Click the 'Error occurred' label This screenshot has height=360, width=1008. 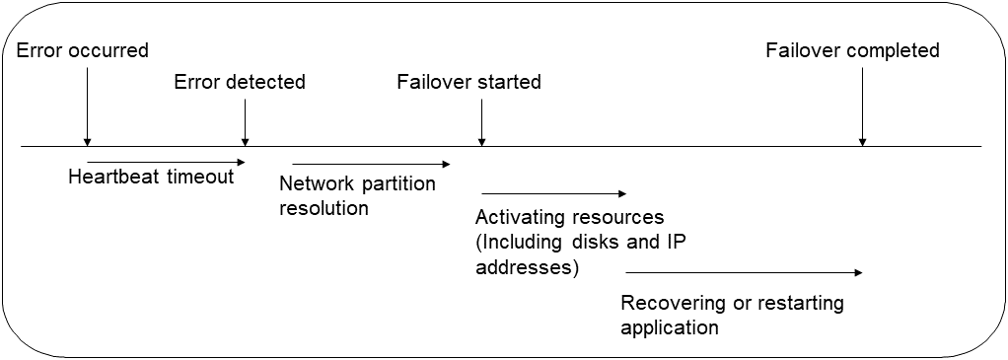tap(83, 50)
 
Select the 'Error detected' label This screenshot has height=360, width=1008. tap(240, 82)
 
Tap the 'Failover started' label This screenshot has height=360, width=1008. tap(468, 82)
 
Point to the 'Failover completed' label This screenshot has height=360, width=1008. tap(852, 50)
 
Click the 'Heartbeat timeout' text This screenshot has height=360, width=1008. tap(151, 177)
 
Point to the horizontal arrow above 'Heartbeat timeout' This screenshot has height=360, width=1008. tap(165, 161)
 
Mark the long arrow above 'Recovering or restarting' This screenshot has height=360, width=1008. tap(744, 272)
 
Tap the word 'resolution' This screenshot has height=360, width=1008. tap(324, 208)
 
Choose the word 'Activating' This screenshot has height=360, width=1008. tap(519, 217)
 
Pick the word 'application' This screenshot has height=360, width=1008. tap(670, 327)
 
